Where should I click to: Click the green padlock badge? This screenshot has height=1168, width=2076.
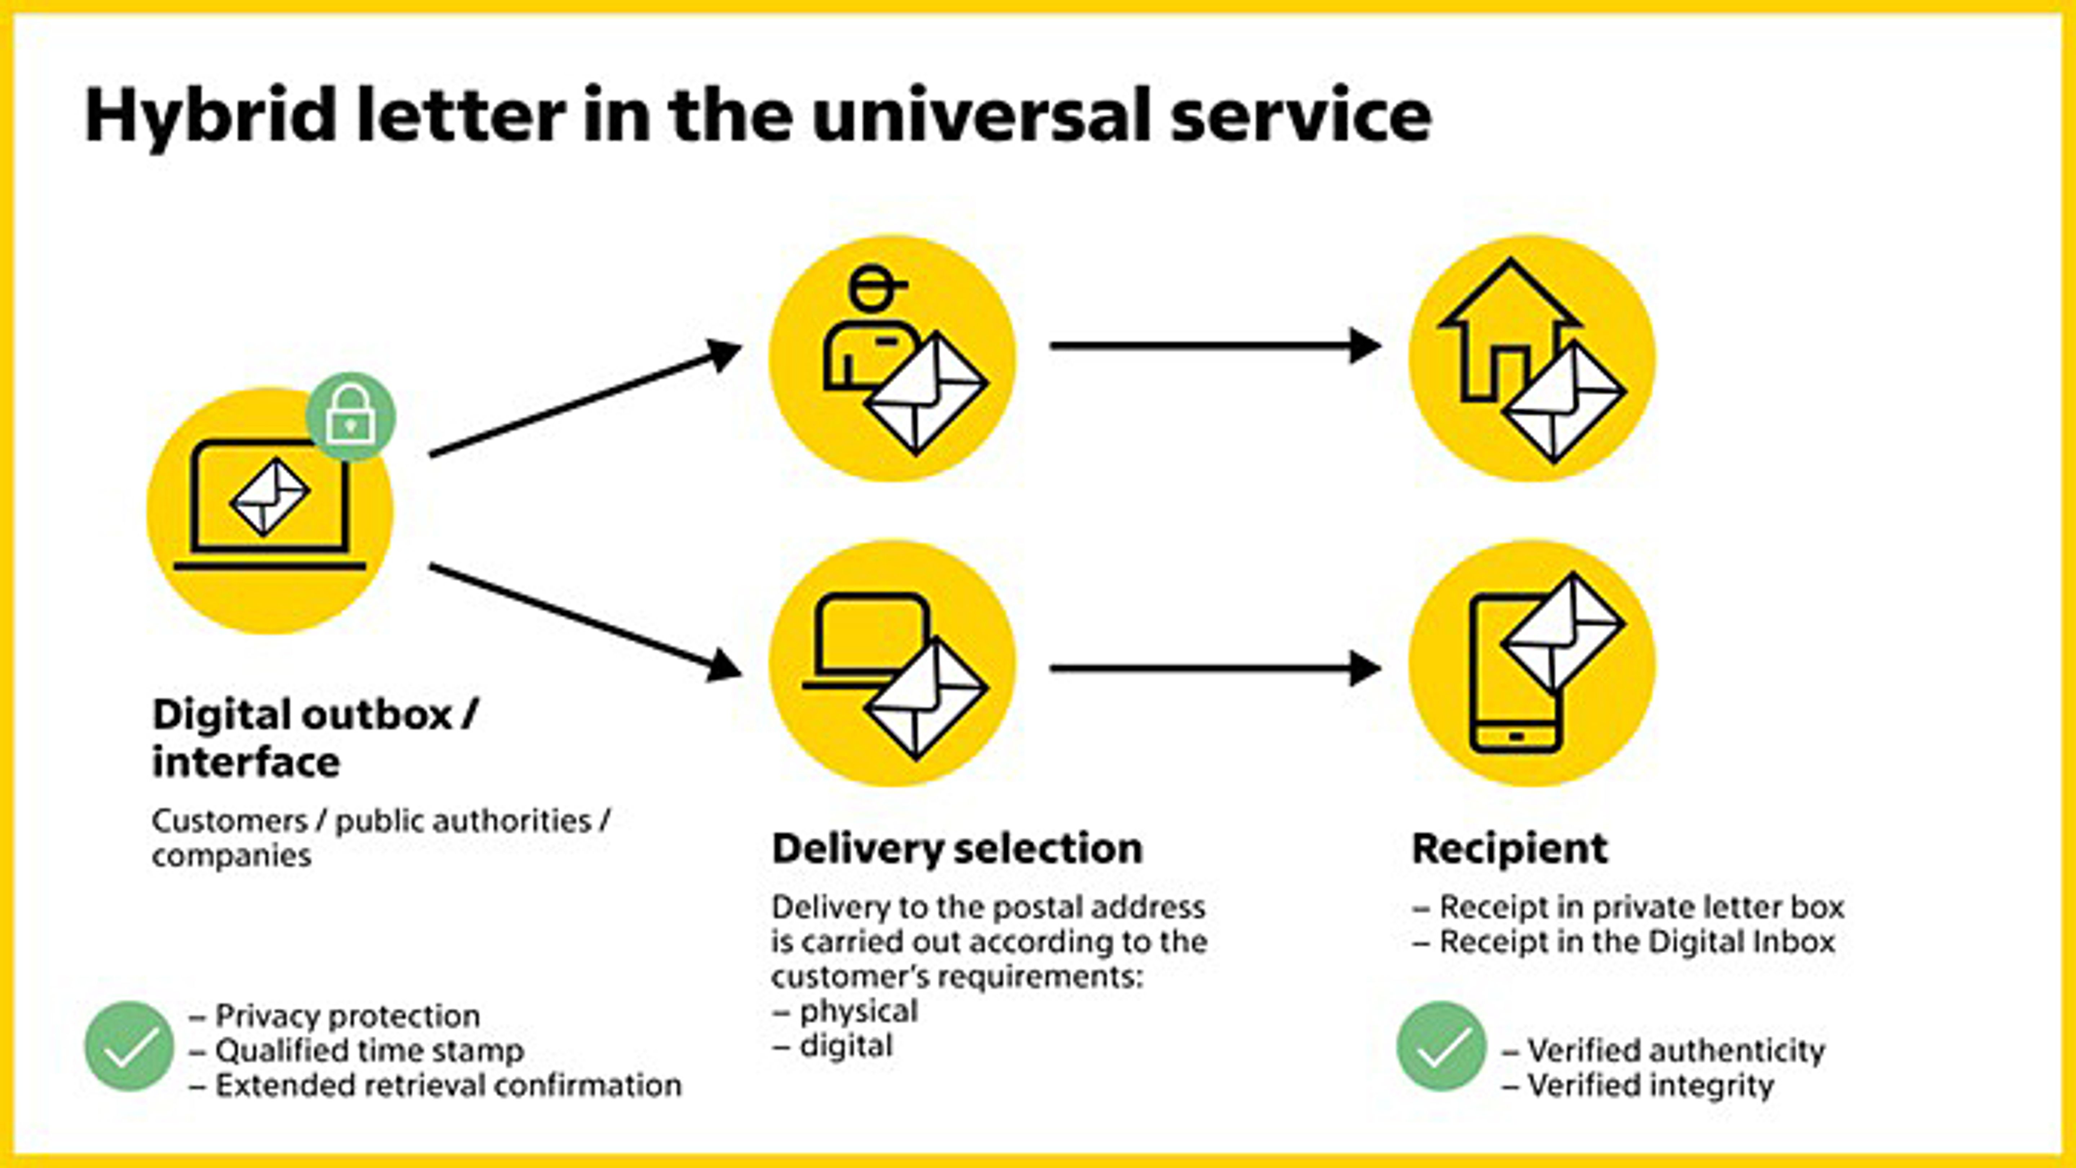(x=351, y=416)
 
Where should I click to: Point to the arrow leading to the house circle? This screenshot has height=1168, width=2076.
(x=1215, y=346)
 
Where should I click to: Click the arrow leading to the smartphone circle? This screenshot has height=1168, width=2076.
(x=1215, y=668)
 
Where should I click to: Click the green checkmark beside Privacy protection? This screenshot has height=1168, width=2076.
(x=129, y=1046)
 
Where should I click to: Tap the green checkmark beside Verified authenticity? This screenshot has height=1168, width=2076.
(x=1441, y=1046)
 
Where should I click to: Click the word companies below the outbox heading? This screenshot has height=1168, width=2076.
(x=231, y=855)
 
